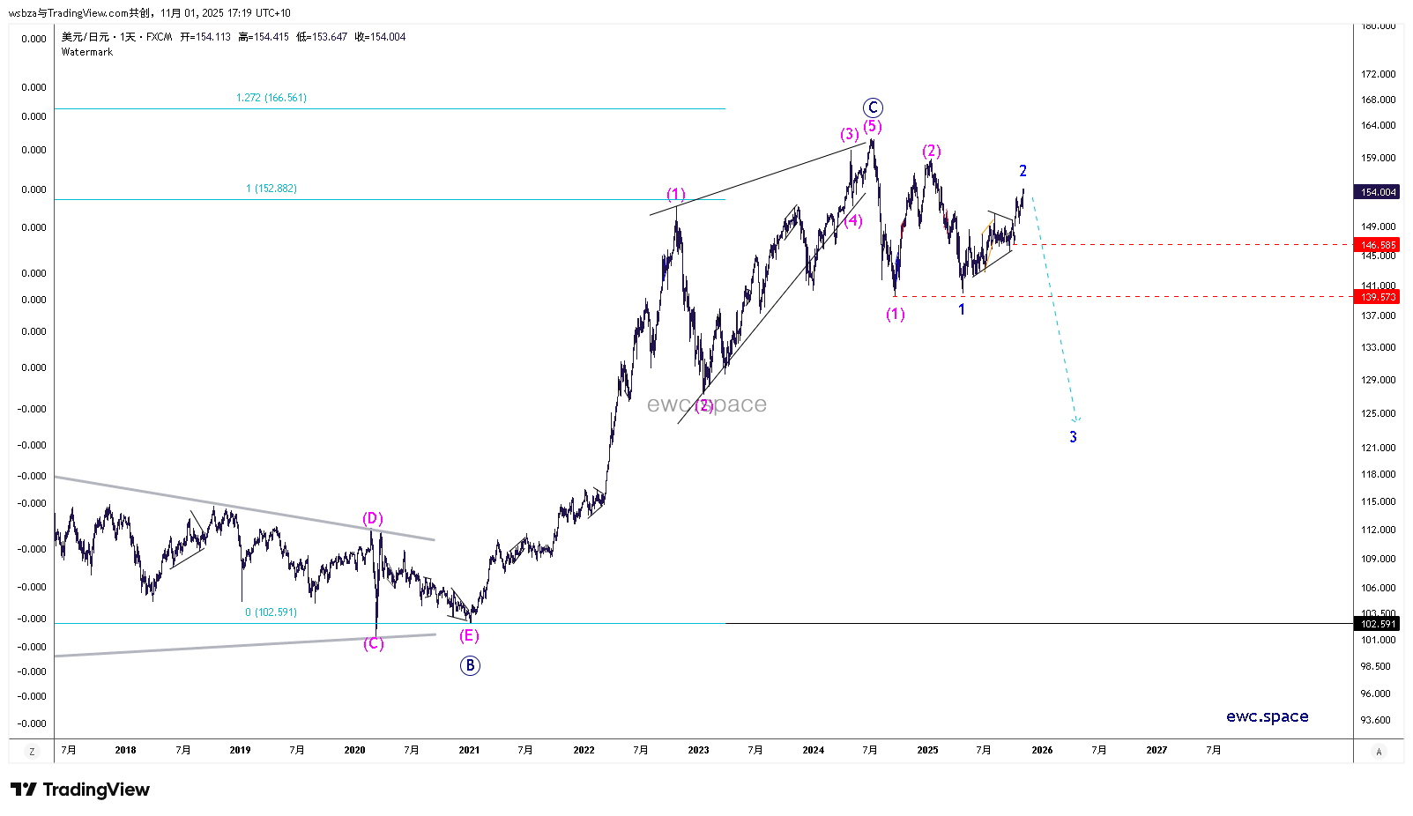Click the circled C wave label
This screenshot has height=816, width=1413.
873,108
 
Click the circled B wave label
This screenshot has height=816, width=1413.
470,665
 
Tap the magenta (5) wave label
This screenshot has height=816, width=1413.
873,126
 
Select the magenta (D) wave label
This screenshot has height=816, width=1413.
373,518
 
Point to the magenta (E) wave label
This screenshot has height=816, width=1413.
469,635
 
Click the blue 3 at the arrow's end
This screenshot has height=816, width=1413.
1073,437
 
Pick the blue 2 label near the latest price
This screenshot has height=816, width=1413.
1023,171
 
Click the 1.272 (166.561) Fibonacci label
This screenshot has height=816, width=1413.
271,98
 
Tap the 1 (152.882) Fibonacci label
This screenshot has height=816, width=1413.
271,189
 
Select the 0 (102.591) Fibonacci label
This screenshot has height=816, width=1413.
271,612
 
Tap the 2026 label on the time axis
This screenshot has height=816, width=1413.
1042,751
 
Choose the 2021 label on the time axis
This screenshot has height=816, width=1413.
469,751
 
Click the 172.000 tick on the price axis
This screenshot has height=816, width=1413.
1379,74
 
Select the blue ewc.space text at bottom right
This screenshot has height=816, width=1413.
1267,716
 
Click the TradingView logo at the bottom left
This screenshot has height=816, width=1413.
80,790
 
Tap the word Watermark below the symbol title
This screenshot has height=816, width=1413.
87,52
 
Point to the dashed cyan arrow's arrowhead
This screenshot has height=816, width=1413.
1075,419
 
